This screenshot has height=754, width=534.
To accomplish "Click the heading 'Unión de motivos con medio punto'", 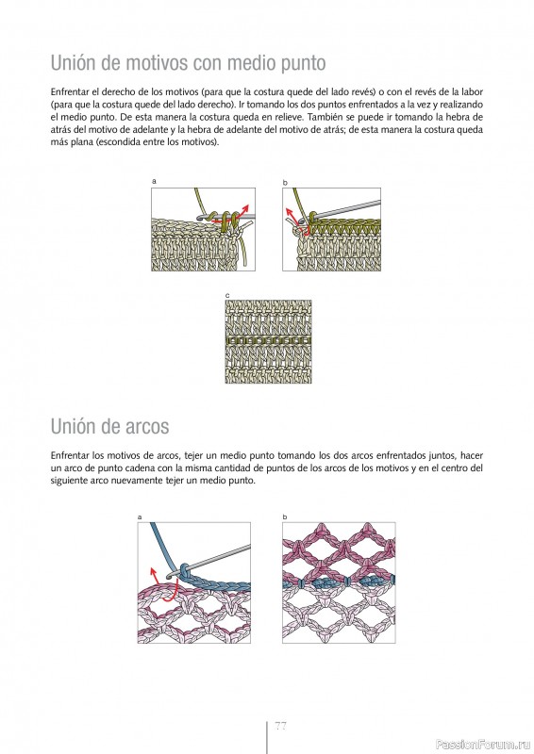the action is click(189, 63).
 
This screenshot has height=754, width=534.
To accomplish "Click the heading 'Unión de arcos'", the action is click(109, 427).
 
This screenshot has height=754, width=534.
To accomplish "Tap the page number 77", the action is click(281, 726).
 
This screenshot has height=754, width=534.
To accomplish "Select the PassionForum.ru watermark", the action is click(482, 745).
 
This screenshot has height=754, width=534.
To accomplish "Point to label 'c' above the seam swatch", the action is click(227, 295).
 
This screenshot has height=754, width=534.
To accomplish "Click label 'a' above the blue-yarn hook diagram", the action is click(140, 517).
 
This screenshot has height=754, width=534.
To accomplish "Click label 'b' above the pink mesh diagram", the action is click(285, 517).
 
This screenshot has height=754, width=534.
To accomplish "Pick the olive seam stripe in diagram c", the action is click(268, 340).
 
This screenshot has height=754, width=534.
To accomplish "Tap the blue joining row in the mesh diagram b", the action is click(339, 582).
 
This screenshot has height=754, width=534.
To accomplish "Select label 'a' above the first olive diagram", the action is click(154, 181).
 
